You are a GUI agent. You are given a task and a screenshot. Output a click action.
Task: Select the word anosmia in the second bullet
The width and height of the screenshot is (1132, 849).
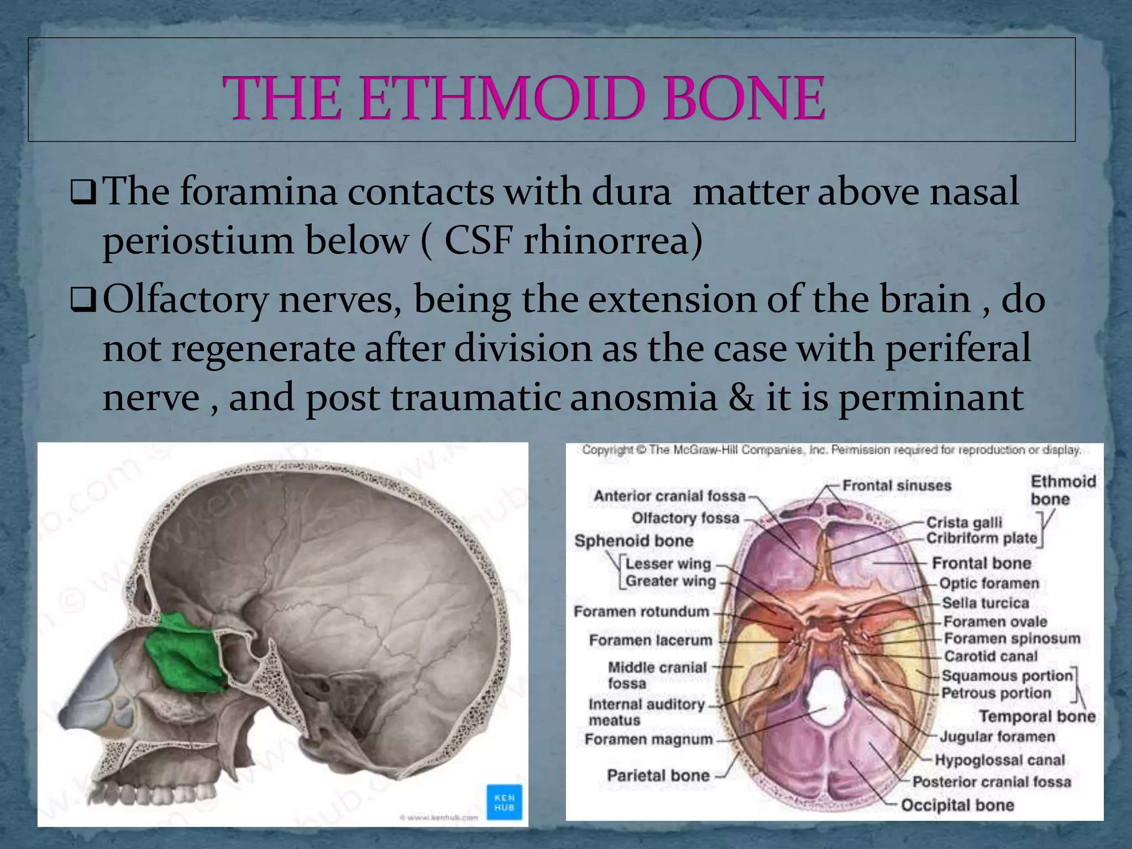(643, 398)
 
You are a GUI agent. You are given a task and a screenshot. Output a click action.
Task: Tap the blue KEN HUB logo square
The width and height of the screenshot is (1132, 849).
(504, 802)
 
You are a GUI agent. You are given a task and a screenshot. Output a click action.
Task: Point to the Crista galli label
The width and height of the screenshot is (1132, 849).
(964, 522)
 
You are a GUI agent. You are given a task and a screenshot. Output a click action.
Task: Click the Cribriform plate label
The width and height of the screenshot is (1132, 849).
(981, 538)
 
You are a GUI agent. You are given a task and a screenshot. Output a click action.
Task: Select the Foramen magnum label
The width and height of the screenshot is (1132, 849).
(648, 739)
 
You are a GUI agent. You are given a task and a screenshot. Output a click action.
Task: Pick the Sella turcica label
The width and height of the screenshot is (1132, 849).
(985, 602)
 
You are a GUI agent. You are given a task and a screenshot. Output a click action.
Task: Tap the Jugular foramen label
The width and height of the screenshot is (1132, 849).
(997, 737)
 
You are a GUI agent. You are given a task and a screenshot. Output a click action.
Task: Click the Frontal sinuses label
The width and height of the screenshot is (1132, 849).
(897, 486)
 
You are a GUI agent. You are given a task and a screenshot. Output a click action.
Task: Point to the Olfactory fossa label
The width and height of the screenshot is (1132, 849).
(685, 518)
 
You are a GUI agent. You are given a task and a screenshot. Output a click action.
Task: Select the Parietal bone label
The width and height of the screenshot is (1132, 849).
(658, 775)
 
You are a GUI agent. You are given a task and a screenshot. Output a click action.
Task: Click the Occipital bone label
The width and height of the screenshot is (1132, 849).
(957, 805)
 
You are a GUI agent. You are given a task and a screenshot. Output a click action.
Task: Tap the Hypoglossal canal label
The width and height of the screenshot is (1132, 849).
(999, 760)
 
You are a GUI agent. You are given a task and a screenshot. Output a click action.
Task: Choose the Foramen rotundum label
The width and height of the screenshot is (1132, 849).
(641, 611)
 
